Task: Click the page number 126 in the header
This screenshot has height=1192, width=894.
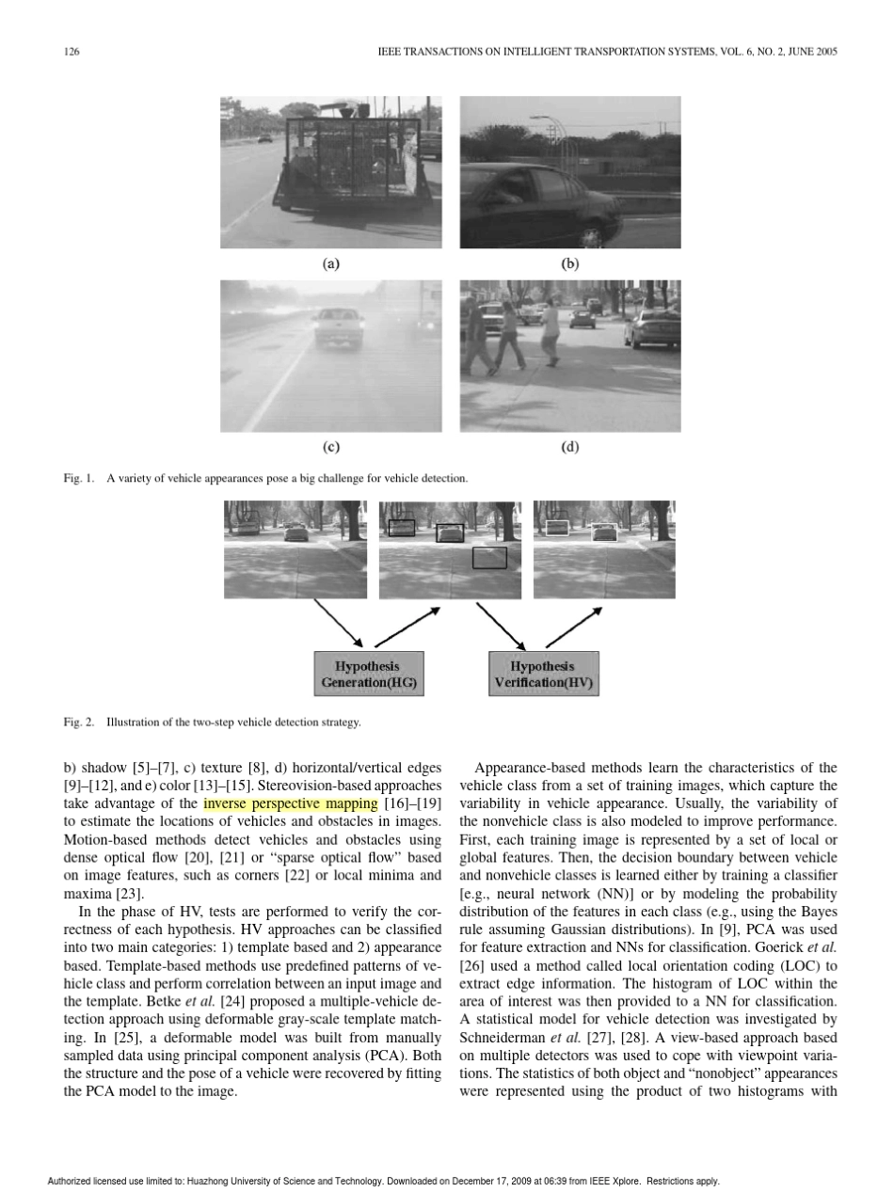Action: pyautogui.click(x=72, y=52)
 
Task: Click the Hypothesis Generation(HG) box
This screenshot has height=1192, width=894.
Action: pyautogui.click(x=369, y=674)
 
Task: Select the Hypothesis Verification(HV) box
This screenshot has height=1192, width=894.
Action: pyautogui.click(x=543, y=674)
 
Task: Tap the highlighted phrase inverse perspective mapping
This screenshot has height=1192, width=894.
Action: pyautogui.click(x=290, y=803)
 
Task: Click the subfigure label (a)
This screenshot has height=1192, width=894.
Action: pyautogui.click(x=330, y=264)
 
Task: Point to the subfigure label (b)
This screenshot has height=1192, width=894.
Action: pyautogui.click(x=569, y=264)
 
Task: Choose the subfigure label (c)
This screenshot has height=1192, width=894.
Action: pyautogui.click(x=330, y=447)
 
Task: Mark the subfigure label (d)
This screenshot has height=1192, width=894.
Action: pyautogui.click(x=569, y=447)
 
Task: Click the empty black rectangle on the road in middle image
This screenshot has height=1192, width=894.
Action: pyautogui.click(x=489, y=558)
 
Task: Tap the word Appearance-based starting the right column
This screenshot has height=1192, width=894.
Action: pyautogui.click(x=522, y=768)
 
